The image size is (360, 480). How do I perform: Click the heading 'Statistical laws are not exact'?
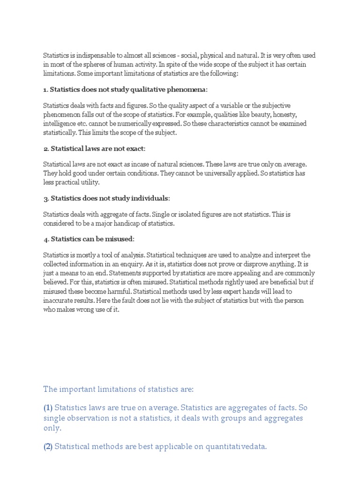(97, 149)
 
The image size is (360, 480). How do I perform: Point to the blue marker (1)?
(48, 408)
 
